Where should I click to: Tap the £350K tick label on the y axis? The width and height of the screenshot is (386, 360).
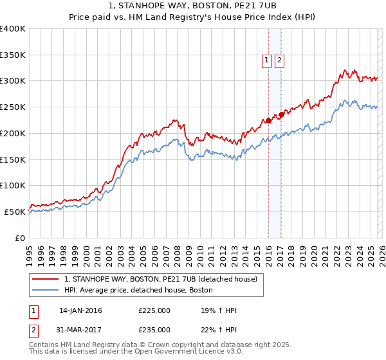coord(12,55)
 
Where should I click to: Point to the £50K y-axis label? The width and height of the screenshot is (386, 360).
coord(14,212)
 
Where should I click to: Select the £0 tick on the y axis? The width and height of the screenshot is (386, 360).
coord(20,238)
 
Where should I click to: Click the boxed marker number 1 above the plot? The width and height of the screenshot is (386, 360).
coord(266,61)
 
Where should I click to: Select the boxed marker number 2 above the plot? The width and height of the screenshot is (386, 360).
coord(280,61)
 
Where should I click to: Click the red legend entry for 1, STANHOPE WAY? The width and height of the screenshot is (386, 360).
coord(160,279)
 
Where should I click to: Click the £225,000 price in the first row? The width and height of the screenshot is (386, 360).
coord(154,310)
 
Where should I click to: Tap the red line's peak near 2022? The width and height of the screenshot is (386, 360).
coord(345,70)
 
